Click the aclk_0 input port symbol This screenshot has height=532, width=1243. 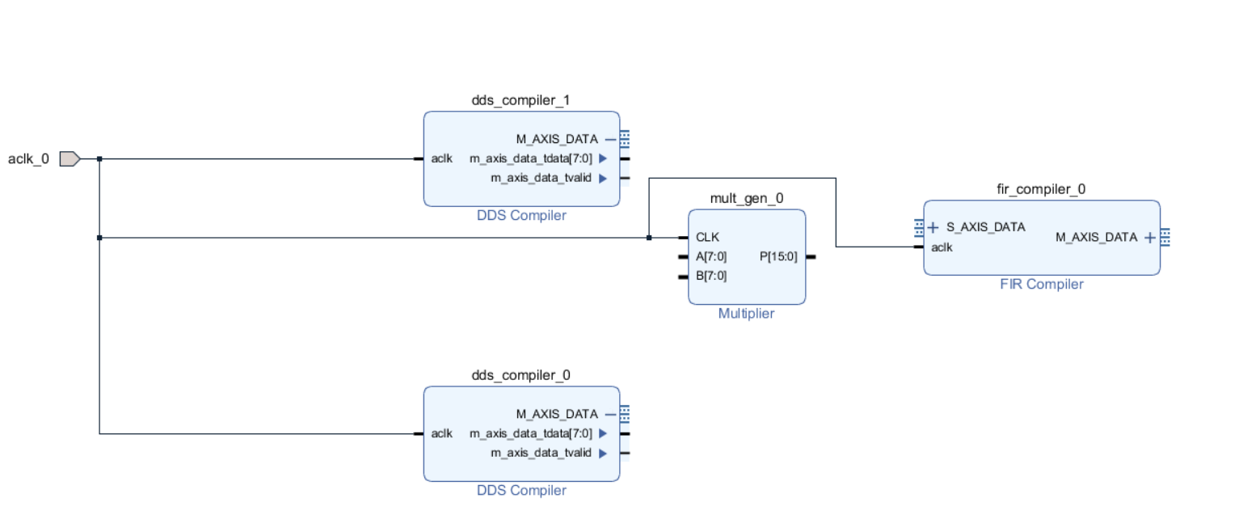point(70,158)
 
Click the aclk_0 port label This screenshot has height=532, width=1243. point(28,158)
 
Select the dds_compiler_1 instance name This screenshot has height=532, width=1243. point(520,100)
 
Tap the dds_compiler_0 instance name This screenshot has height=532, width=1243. point(520,375)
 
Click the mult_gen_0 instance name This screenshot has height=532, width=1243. point(746,198)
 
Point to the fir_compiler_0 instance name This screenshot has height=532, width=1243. point(1041,189)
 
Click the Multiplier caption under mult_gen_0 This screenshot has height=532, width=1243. point(746,313)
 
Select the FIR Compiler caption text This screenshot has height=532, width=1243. point(1042,284)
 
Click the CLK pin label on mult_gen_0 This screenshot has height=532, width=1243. point(707,237)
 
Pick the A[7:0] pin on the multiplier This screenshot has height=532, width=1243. point(711,256)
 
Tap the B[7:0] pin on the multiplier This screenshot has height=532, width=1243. point(711,276)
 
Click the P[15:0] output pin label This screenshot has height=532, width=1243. point(778,256)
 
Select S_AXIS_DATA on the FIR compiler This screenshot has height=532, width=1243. point(986,227)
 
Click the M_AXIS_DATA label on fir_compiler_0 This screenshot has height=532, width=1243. point(1096,237)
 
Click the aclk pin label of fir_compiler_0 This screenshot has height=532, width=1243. point(942,247)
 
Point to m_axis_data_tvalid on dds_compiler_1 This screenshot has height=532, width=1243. point(541,178)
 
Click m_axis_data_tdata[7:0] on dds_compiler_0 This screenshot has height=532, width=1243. point(531,433)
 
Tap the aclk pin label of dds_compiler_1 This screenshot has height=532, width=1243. point(442,158)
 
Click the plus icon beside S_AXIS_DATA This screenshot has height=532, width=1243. point(933,227)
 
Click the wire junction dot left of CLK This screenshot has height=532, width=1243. point(649,238)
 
